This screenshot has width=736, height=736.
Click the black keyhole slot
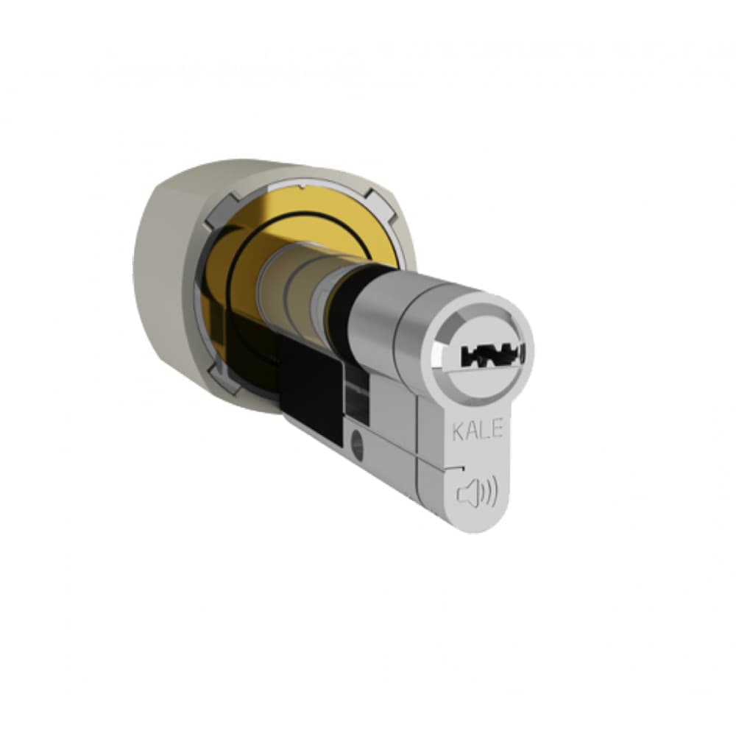click(492, 355)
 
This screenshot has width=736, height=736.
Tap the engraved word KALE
click(478, 430)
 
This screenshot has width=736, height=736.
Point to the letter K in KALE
click(458, 431)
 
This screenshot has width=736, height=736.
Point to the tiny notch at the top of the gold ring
click(301, 187)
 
